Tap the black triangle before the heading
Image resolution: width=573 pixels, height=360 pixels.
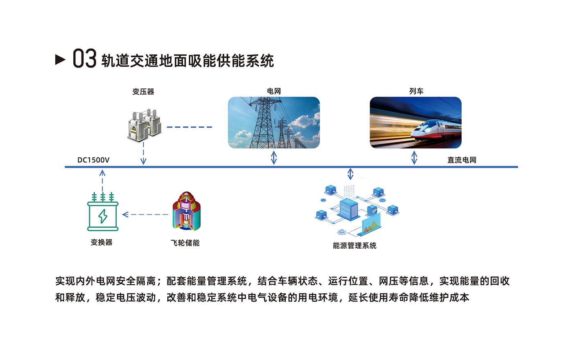point(60,60)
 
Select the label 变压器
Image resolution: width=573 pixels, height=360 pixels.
point(143,92)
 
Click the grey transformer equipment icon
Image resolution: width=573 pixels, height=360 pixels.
point(144,125)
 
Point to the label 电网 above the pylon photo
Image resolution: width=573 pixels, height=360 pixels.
point(274,91)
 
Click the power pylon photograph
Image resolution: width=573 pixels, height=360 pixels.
point(274,122)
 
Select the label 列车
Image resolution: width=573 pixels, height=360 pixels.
point(416,91)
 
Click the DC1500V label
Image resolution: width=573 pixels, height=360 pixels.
point(93,160)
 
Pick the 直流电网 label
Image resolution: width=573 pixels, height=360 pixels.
point(462,160)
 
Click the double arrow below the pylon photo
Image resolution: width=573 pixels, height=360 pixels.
point(274,157)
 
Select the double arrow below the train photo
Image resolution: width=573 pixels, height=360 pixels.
point(414,157)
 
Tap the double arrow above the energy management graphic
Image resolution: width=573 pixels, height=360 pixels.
point(350,174)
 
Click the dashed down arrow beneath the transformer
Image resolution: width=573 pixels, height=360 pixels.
point(143,153)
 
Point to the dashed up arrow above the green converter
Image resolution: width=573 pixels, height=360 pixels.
point(102,181)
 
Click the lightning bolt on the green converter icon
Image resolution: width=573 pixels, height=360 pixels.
point(103,216)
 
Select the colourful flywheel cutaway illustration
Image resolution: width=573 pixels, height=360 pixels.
point(187,211)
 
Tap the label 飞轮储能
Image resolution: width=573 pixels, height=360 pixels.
point(185,243)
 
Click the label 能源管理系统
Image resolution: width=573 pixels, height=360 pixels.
point(354,246)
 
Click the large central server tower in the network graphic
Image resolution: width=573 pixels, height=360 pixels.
point(348,209)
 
